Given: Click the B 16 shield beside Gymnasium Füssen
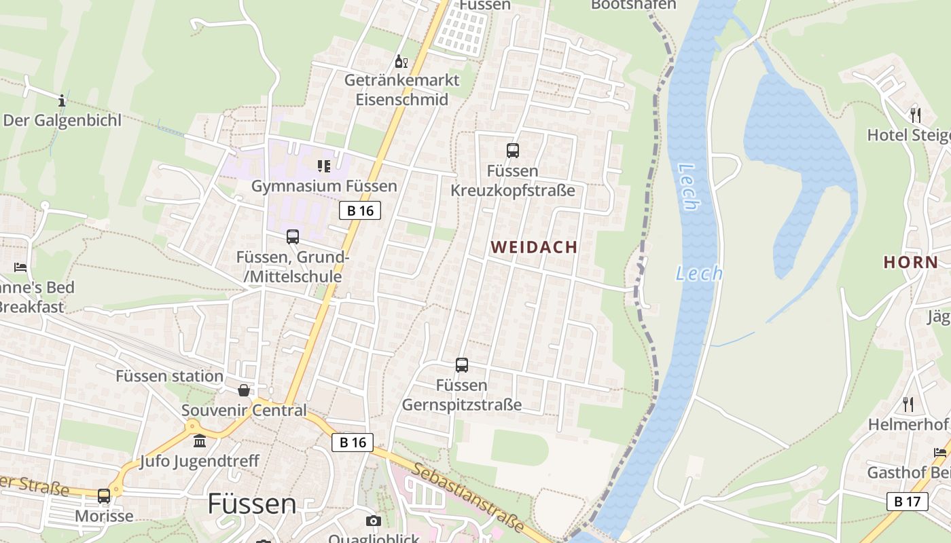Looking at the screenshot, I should (x=360, y=210).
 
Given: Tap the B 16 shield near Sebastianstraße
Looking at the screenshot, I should (x=353, y=443).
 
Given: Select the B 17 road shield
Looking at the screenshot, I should (x=907, y=502).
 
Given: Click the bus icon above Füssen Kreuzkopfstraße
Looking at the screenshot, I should (x=513, y=151).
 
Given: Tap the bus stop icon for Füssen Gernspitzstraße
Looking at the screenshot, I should (x=462, y=365).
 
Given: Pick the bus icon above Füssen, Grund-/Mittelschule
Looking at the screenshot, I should (x=293, y=237).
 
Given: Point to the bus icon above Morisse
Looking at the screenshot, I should (x=104, y=496).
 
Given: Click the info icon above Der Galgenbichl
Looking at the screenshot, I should (x=62, y=100).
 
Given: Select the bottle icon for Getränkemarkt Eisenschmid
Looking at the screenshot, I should (x=401, y=62).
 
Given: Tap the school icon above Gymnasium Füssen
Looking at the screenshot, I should (x=324, y=166).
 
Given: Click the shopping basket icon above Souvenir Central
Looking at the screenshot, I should (x=244, y=390).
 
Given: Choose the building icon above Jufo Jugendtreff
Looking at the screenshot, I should (x=200, y=441).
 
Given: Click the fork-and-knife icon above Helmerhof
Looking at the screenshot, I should (x=908, y=405).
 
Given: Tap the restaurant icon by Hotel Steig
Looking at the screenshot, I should (x=915, y=114).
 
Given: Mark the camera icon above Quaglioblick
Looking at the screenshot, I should (x=373, y=521).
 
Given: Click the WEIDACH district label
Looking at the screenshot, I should (x=534, y=247).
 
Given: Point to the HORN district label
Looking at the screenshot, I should (x=910, y=262).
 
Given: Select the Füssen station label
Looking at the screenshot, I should (x=169, y=376).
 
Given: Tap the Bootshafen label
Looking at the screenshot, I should (x=633, y=5).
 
